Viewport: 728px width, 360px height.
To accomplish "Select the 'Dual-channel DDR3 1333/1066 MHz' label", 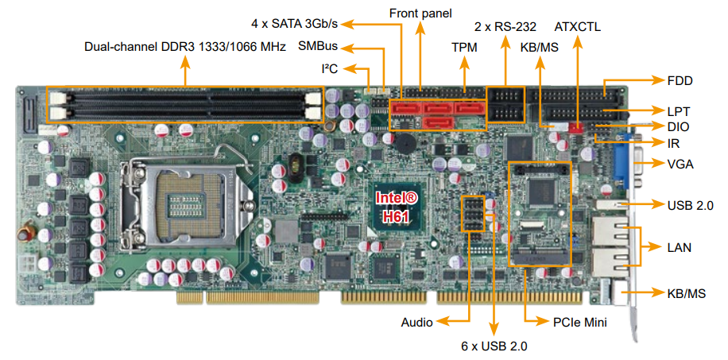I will point(184,47).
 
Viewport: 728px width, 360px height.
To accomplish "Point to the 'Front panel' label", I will point(420,13).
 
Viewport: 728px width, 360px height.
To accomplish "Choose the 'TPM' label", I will point(464,48).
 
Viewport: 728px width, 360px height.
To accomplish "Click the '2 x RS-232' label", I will point(505,26).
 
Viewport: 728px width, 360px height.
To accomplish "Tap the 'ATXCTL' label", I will point(578,26).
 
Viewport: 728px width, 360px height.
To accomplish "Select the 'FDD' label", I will point(680,79).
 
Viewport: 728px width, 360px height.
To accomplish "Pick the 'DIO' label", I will point(678,127).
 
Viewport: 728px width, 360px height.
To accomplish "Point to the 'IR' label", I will point(673,144).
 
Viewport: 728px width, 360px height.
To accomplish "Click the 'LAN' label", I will point(679,247).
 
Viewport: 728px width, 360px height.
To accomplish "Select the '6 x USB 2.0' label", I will point(494,346).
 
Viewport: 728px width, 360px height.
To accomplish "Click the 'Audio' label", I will point(417,322).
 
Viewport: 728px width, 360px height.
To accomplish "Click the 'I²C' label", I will point(329,68).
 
